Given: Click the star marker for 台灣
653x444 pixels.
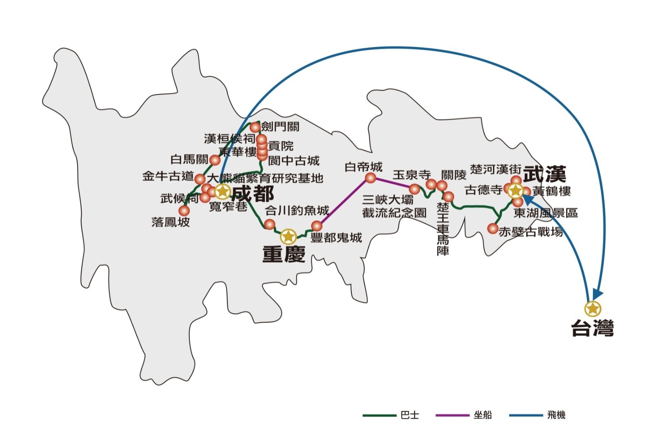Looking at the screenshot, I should pos(592,309).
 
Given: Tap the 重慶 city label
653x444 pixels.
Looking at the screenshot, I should pos(284,254).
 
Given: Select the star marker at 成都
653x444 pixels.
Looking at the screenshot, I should pos(222,191).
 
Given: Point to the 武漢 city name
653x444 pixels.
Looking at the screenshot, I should pos(545,174).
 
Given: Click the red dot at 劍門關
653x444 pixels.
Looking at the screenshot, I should pos(255,127).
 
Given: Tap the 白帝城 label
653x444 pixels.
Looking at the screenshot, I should pos(363,167).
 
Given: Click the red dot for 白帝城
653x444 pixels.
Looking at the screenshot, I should pos(371,178).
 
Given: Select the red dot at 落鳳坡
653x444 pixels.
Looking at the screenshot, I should pos(184,210).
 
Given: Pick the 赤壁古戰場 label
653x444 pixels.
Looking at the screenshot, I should pos(531,232).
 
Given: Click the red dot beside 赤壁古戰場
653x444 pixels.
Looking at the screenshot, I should pos(493,228).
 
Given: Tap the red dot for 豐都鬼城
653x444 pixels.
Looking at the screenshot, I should pos(317,225).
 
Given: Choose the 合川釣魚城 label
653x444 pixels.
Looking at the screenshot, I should pos(297,211).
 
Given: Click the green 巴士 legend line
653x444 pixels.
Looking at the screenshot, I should pos(379,415).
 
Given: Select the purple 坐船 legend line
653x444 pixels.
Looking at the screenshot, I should pos(452,415).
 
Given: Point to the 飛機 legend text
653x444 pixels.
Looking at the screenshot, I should pos(556,415).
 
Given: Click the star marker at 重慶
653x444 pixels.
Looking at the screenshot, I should pos(289,236).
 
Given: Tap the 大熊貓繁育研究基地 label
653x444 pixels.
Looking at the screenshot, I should pos(265,178).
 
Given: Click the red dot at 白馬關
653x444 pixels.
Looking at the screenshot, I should pos(215,160).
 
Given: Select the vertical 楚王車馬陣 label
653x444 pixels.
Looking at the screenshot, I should pos(443,229).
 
